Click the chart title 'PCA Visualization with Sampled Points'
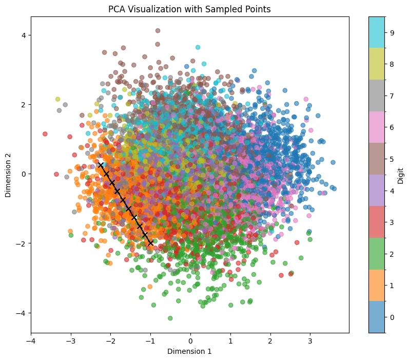(189, 9)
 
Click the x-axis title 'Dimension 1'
(189, 351)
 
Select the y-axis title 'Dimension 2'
(8, 175)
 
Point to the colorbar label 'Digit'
(400, 176)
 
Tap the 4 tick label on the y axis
(24, 35)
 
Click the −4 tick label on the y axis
(21, 313)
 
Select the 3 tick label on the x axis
(310, 341)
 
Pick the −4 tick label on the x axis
(31, 341)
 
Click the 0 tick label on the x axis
(191, 341)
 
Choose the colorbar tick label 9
(392, 33)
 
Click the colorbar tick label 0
(392, 317)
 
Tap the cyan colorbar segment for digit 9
(377, 32)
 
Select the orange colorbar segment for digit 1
(377, 286)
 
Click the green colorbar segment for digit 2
(377, 254)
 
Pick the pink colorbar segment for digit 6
(377, 127)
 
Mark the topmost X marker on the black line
(101, 165)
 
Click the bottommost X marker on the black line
(150, 243)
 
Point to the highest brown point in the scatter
(158, 30)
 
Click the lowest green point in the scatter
(170, 318)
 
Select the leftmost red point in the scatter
(45, 134)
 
